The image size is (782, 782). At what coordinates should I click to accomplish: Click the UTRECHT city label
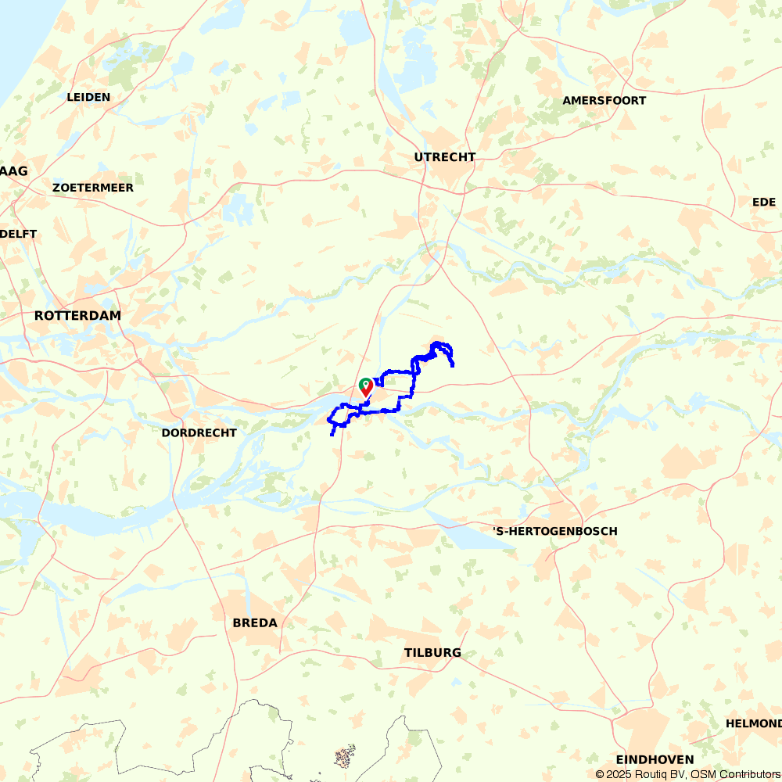tap(444, 157)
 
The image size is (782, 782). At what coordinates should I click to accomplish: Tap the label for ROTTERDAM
tap(77, 316)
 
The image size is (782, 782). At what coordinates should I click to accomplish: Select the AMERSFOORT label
tap(604, 101)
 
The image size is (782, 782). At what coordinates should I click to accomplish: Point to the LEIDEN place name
tap(88, 98)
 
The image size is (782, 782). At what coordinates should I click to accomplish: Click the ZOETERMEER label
tap(92, 188)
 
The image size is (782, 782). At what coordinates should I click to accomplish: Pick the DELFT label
tap(19, 234)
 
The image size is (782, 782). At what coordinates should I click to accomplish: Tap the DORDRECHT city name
tap(199, 433)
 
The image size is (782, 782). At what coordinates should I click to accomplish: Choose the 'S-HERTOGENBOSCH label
tap(554, 532)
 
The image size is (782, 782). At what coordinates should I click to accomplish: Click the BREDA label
tap(255, 623)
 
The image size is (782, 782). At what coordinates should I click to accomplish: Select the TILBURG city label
tap(432, 653)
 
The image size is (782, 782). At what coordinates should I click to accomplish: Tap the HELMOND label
tap(753, 723)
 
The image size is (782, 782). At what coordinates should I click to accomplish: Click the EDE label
tap(763, 203)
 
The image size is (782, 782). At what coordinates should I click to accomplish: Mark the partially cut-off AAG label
tap(14, 171)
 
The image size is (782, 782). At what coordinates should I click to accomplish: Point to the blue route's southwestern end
tap(332, 434)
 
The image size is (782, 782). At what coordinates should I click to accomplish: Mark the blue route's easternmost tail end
tap(454, 365)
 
